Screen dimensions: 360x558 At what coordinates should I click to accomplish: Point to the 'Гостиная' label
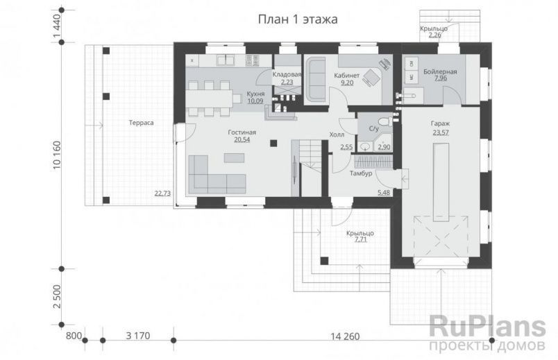click(x=242, y=132)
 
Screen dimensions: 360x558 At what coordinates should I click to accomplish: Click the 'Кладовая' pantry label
click(x=286, y=74)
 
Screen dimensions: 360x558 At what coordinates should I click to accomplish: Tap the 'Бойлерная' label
click(x=440, y=71)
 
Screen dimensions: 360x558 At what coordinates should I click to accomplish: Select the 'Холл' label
click(x=337, y=135)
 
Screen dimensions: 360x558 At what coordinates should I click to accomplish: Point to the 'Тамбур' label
click(x=362, y=173)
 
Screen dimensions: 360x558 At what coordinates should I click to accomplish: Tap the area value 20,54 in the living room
click(x=242, y=139)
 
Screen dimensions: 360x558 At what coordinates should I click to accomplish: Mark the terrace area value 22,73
click(x=163, y=194)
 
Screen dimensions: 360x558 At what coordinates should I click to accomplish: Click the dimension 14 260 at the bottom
click(x=345, y=336)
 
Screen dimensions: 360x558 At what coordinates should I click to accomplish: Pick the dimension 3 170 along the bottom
click(x=137, y=336)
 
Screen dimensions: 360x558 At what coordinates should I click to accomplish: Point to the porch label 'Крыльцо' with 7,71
click(x=360, y=234)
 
